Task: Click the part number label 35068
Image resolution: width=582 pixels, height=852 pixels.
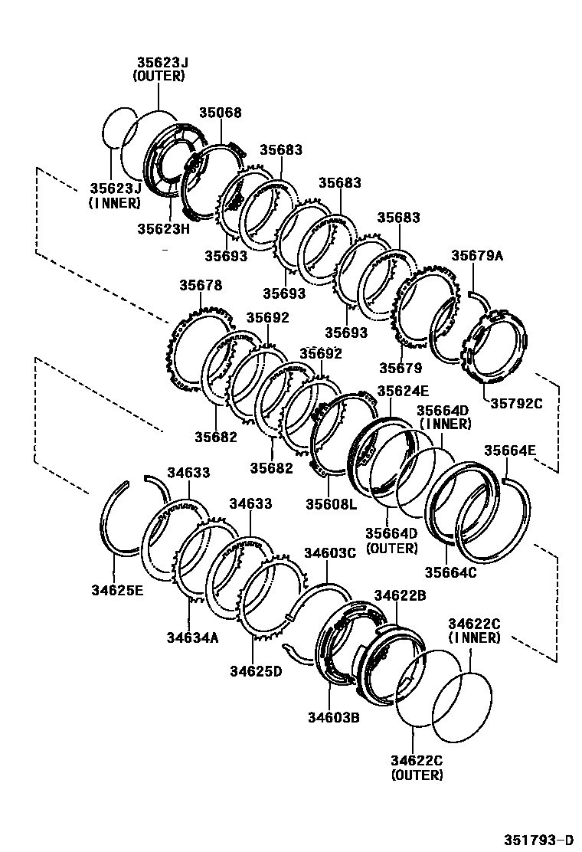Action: click(x=221, y=113)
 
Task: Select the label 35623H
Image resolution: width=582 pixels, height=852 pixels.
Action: click(x=163, y=228)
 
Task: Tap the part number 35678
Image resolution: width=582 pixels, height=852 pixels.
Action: click(x=201, y=285)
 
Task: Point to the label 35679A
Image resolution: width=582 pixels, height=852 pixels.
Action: click(x=477, y=256)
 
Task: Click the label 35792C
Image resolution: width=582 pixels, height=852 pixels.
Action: click(x=516, y=403)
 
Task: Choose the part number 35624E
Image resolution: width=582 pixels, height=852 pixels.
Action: click(x=403, y=390)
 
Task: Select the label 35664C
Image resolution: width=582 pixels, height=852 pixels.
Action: click(x=451, y=572)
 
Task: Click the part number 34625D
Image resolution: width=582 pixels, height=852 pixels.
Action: click(x=256, y=671)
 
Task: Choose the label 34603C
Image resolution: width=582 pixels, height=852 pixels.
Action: click(x=330, y=552)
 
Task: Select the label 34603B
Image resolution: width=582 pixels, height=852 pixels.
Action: click(x=334, y=717)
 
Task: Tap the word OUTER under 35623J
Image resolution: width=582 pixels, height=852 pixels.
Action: click(x=159, y=75)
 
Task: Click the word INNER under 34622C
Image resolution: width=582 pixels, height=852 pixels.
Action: click(x=474, y=637)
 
